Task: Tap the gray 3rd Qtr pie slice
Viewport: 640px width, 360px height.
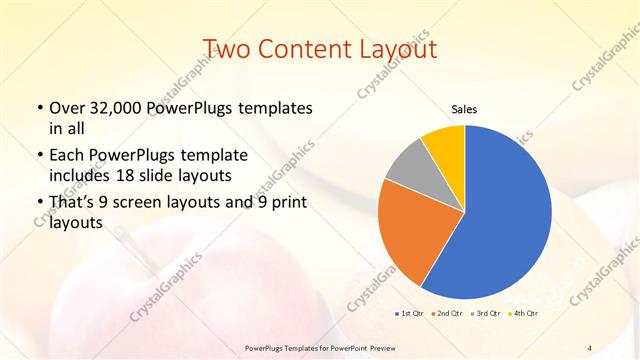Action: click(409, 168)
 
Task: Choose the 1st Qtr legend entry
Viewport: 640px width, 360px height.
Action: click(409, 314)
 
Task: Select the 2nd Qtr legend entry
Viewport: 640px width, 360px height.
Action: click(447, 314)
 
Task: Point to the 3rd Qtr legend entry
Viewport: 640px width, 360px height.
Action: click(487, 314)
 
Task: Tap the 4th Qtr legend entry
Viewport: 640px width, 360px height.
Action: click(525, 314)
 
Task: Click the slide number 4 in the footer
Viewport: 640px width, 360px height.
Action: click(590, 347)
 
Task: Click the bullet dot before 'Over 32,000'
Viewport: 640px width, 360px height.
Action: click(38, 108)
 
